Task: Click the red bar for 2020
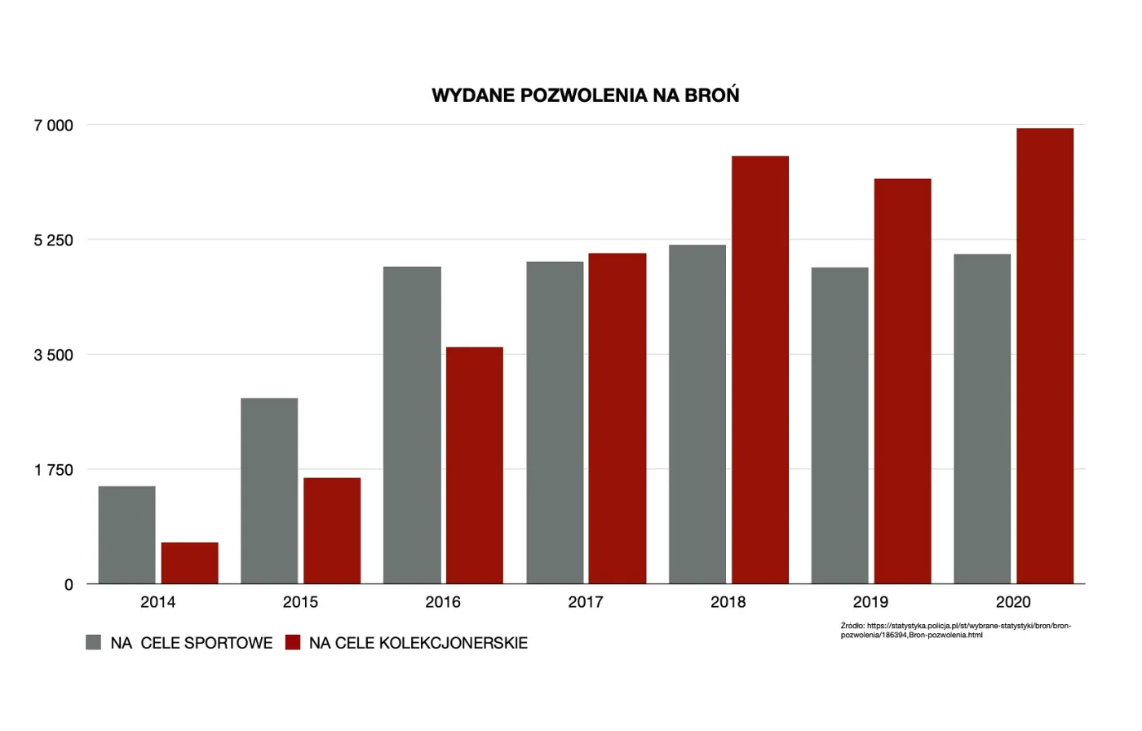[x=1045, y=356]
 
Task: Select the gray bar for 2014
[x=127, y=535]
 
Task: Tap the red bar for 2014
[x=190, y=563]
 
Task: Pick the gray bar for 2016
[x=412, y=425]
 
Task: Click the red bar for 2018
[x=760, y=370]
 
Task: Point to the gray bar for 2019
[x=839, y=425]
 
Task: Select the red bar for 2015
[x=332, y=530]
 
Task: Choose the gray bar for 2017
[x=555, y=423]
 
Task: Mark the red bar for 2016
[x=475, y=465]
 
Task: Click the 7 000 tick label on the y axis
[x=54, y=126]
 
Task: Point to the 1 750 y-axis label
[x=54, y=470]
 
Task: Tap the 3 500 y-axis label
[x=54, y=355]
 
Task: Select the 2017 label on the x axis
[x=586, y=602]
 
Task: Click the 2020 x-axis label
[x=1013, y=602]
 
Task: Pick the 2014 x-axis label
[x=157, y=602]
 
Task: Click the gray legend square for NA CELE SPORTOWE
[x=94, y=642]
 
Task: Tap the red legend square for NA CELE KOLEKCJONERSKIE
[x=293, y=642]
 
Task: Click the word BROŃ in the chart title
[x=711, y=95]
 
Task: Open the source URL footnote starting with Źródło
[x=955, y=630]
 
